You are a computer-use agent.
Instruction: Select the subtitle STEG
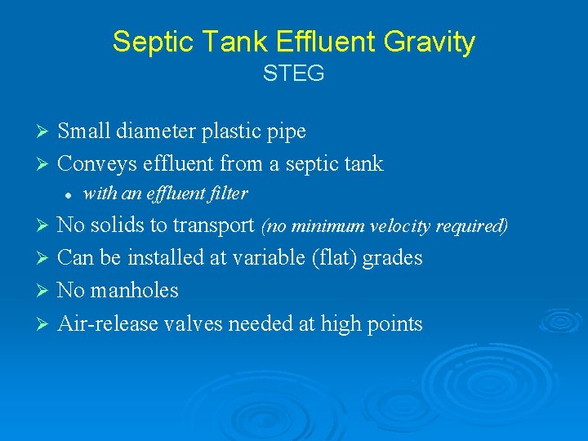tap(294, 73)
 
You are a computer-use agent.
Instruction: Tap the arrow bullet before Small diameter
tap(45, 131)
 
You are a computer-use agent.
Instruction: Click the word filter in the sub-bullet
tap(229, 194)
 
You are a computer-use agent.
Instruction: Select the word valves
tap(194, 324)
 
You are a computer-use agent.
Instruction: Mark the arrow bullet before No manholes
tap(45, 292)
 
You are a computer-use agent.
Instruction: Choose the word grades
tap(393, 258)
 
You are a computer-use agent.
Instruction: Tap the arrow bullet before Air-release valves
tap(45, 325)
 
